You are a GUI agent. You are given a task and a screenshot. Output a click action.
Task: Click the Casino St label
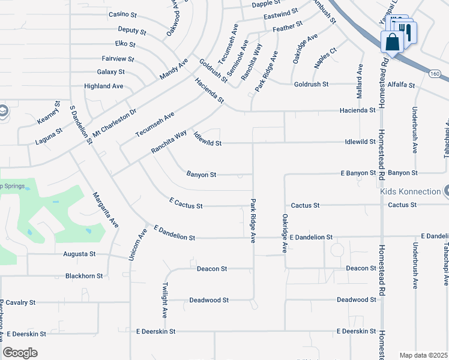(x=123, y=14)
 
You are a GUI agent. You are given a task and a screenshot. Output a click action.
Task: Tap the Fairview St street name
(x=118, y=59)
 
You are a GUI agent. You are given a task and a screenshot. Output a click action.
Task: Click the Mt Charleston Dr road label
(x=114, y=121)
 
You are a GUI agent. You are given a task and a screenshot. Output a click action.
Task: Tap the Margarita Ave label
(x=105, y=209)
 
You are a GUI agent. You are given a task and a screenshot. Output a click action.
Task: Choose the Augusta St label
(x=80, y=254)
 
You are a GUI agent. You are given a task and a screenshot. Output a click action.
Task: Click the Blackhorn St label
(x=84, y=276)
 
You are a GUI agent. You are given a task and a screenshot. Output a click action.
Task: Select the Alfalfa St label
(x=401, y=85)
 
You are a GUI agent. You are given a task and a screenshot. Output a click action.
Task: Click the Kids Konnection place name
(x=410, y=192)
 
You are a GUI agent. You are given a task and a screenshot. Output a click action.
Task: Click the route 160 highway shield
(x=435, y=73)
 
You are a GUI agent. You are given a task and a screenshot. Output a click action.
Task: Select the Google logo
(x=20, y=352)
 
